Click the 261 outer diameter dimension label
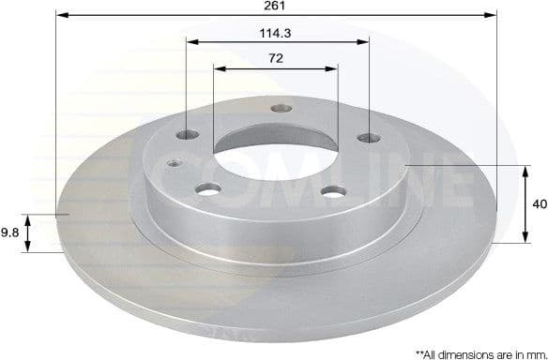pyautogui.click(x=276, y=6)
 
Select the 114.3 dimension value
pyautogui.click(x=276, y=31)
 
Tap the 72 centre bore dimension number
pyautogui.click(x=276, y=57)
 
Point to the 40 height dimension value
pyautogui.click(x=538, y=203)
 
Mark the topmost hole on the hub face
pyautogui.click(x=278, y=108)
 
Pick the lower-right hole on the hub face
pyautogui.click(x=329, y=192)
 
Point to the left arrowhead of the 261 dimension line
pyautogui.click(x=60, y=15)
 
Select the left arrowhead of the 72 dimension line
pyautogui.click(x=218, y=67)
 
